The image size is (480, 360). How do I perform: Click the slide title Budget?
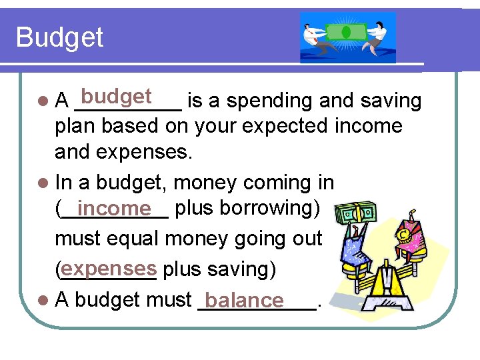point(59,37)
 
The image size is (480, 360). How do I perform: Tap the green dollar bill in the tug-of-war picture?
point(346,31)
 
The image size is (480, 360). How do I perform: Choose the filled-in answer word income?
point(114,209)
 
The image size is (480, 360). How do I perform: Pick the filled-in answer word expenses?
point(109,269)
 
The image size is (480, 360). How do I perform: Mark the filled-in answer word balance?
point(245,301)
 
